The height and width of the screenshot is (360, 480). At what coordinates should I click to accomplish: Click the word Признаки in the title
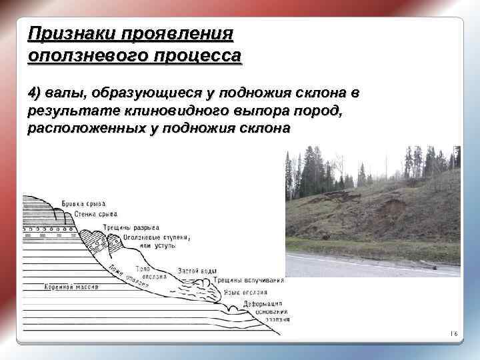point(63,33)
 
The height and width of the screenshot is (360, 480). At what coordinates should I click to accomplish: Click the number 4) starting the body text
point(35,91)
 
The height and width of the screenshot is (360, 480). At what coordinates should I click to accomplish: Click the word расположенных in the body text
point(85,128)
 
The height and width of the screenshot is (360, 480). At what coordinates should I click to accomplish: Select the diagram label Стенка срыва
point(94,214)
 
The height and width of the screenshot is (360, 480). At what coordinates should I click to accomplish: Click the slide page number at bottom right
point(453,333)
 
